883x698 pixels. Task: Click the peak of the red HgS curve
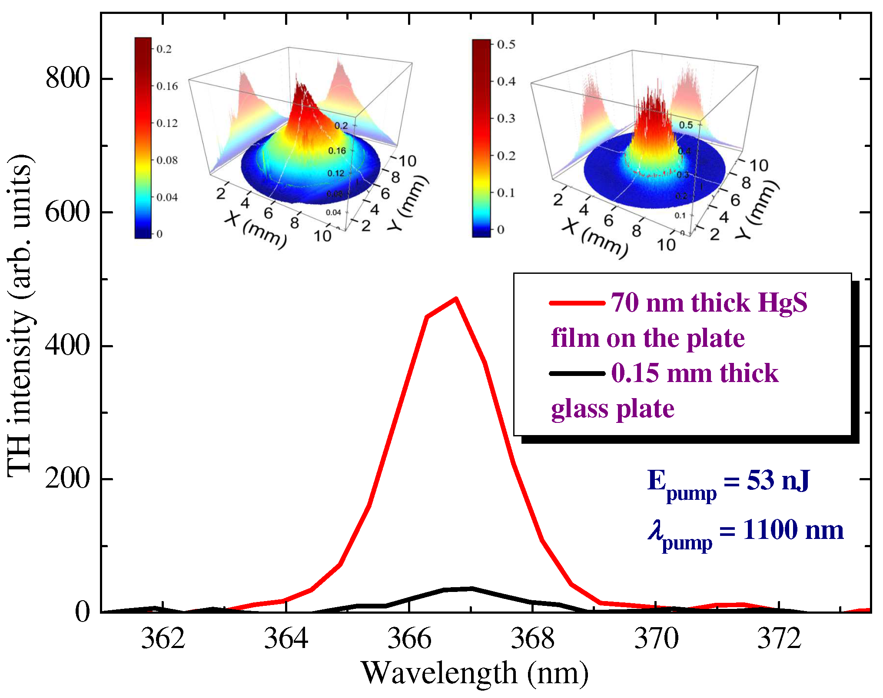455,299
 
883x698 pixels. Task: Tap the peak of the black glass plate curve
471,588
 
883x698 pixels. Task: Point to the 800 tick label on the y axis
67,79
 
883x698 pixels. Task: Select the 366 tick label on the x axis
409,639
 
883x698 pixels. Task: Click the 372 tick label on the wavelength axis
779,639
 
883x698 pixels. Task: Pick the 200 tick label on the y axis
67,479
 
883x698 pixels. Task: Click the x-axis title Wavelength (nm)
475,673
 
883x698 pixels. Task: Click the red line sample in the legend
577,303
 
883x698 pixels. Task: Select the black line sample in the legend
577,373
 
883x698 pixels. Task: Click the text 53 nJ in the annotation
778,481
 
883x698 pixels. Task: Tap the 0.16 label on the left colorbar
167,86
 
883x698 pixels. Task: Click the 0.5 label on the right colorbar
506,44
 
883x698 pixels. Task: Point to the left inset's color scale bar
143,138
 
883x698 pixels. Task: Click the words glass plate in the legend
613,409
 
